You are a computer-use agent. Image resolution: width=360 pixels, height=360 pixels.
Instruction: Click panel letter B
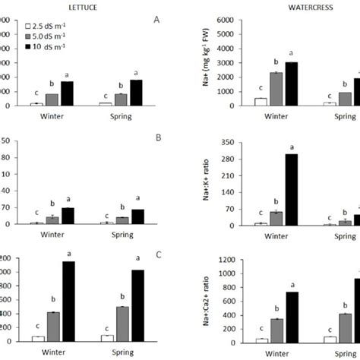click(x=156, y=140)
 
